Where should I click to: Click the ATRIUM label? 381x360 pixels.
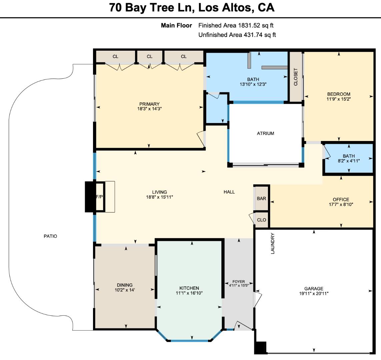pos(265,133)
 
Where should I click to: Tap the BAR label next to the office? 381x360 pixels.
pos(261,198)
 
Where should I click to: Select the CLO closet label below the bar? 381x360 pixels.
pos(262,220)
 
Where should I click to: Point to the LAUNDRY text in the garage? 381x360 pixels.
pos(273,243)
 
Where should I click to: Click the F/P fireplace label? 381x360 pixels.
pos(99,197)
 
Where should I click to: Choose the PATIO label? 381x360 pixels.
pos(50,236)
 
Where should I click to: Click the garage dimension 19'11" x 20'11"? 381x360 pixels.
pos(314,294)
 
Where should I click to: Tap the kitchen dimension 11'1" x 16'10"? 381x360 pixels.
pos(189,293)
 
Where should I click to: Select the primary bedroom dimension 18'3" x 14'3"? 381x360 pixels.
pos(149,109)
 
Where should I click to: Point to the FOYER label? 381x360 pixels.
pos(238,282)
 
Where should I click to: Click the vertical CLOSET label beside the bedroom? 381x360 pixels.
pos(295,77)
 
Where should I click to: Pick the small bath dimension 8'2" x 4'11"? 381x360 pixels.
pos(349,161)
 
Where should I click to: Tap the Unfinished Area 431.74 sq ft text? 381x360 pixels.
pos(237,35)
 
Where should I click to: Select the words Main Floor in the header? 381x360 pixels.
pos(176,25)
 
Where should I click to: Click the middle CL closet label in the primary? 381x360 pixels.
pos(149,56)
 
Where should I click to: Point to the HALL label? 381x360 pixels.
pos(229,192)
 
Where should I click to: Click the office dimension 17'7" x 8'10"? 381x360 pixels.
pos(341,204)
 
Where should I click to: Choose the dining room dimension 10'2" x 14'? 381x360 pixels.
pos(125,290)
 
